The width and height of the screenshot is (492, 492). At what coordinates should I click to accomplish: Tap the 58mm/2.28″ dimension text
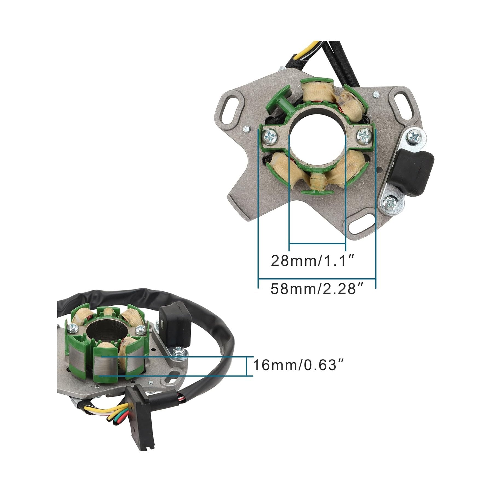317,289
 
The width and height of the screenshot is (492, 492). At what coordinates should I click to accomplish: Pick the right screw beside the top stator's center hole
364,135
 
